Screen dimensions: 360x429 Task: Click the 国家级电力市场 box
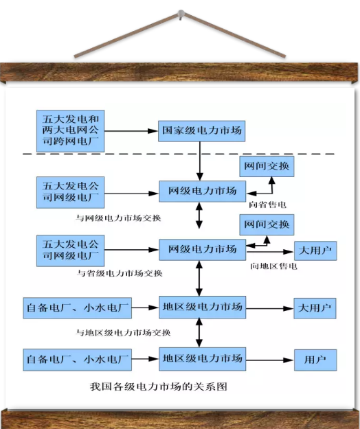click(x=201, y=131)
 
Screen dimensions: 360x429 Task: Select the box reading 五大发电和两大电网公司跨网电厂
click(x=70, y=131)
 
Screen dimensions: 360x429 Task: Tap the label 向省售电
click(x=267, y=205)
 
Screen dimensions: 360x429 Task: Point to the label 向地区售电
click(x=273, y=266)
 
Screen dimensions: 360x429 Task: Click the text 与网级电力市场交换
click(x=118, y=218)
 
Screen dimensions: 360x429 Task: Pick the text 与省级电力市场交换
click(x=120, y=273)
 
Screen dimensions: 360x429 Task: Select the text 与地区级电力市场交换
click(x=123, y=333)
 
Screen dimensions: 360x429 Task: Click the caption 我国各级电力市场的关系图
click(x=159, y=386)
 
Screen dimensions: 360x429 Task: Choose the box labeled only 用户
click(x=315, y=360)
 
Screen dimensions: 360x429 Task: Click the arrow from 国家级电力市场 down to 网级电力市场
click(x=200, y=161)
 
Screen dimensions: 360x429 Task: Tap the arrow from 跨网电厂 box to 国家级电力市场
click(x=131, y=131)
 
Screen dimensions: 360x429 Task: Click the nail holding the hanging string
click(x=181, y=14)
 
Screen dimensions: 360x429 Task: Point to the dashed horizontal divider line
click(x=179, y=154)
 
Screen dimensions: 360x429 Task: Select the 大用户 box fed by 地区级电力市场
click(x=315, y=308)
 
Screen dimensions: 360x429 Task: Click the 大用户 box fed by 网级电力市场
click(x=315, y=251)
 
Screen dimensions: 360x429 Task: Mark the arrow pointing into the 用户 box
click(x=270, y=360)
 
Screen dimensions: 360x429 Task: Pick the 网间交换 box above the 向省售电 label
click(x=267, y=166)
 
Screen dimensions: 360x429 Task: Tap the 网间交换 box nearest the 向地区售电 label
click(x=267, y=224)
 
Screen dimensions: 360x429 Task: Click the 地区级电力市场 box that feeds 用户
click(x=202, y=359)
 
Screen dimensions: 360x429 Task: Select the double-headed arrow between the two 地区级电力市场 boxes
click(x=199, y=333)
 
